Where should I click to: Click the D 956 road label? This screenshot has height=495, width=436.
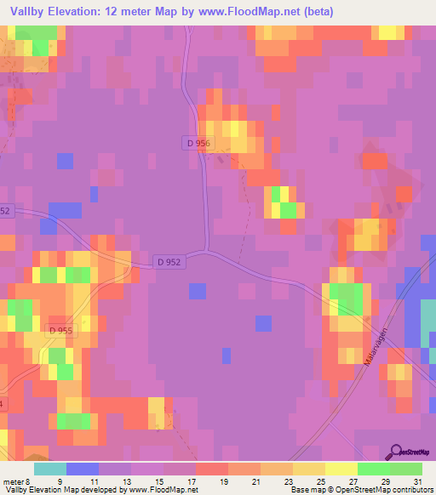pos(197,144)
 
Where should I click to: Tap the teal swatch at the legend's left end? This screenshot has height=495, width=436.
pos(49,469)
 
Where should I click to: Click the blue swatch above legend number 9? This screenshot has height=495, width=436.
pos(82,469)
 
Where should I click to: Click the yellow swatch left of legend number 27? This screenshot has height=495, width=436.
pos(341,469)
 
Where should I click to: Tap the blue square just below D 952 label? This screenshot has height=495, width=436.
pos(198,291)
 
